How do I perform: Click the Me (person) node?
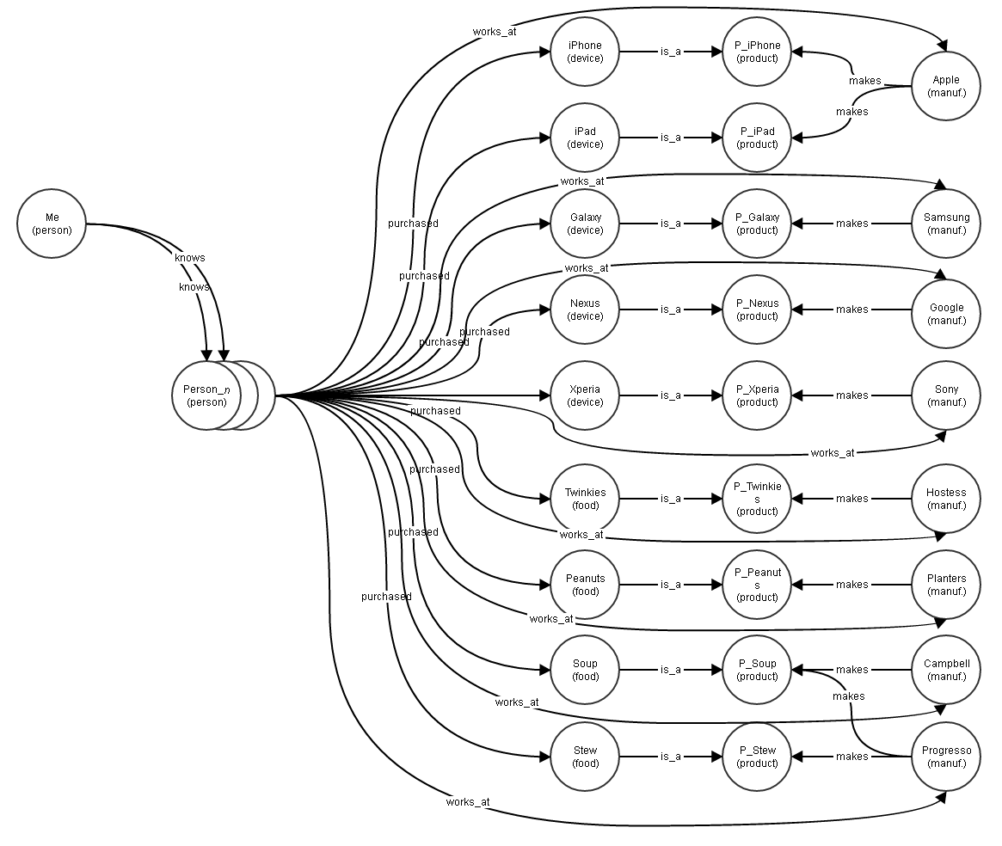tap(52, 224)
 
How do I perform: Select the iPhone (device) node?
tap(585, 52)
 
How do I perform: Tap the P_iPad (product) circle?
tap(757, 138)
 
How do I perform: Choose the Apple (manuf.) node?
tap(945, 86)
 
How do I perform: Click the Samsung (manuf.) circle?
tap(945, 224)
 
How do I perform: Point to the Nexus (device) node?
tap(585, 310)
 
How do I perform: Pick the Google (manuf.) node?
tap(945, 314)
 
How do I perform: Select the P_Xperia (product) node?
tap(757, 395)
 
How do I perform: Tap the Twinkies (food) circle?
tap(585, 499)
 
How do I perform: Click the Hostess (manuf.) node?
tap(945, 499)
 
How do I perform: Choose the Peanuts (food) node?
tap(585, 585)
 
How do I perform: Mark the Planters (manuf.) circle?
tap(945, 585)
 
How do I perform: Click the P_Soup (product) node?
tap(757, 670)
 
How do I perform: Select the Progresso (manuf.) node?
tap(945, 757)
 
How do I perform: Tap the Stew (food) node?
tap(585, 757)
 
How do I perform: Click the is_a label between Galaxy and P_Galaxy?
tap(670, 224)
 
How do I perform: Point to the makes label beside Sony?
tap(851, 395)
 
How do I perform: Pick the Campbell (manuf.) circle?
tap(945, 670)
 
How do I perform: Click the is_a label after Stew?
tap(670, 757)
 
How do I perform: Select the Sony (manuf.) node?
tap(945, 395)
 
